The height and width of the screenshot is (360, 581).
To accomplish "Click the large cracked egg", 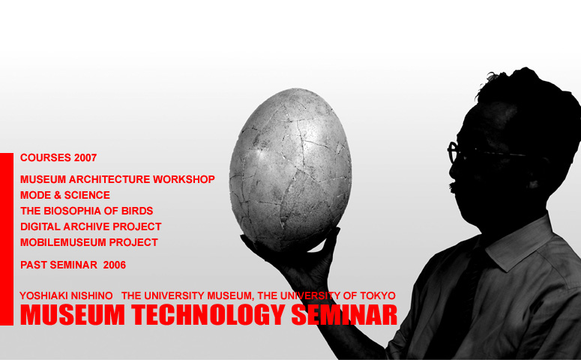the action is [290, 169].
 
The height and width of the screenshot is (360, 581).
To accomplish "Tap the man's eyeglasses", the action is [482, 152].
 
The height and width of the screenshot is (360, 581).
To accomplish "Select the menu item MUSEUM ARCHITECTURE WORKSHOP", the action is [118, 179].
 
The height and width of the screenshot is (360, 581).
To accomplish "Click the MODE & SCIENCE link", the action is [65, 195].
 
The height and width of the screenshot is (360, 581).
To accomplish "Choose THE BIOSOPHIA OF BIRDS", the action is [87, 211].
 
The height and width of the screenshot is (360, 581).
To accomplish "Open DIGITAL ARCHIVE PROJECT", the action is [91, 226].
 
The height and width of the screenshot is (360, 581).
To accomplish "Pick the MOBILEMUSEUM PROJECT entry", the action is [89, 242].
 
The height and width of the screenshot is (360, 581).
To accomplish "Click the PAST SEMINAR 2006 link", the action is [73, 265].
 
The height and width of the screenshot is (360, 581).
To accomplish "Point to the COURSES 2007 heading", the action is [58, 158].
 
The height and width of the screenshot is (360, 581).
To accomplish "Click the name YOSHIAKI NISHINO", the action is [66, 295].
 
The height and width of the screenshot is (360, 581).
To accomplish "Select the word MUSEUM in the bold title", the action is [73, 315].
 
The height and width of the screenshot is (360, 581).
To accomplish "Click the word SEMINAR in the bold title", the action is [344, 315].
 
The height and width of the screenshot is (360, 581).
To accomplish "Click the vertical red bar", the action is [7, 239].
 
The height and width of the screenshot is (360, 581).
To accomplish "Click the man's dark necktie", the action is [463, 296].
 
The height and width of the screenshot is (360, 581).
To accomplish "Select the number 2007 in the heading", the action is [85, 158].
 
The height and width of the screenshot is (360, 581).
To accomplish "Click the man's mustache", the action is [452, 187].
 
